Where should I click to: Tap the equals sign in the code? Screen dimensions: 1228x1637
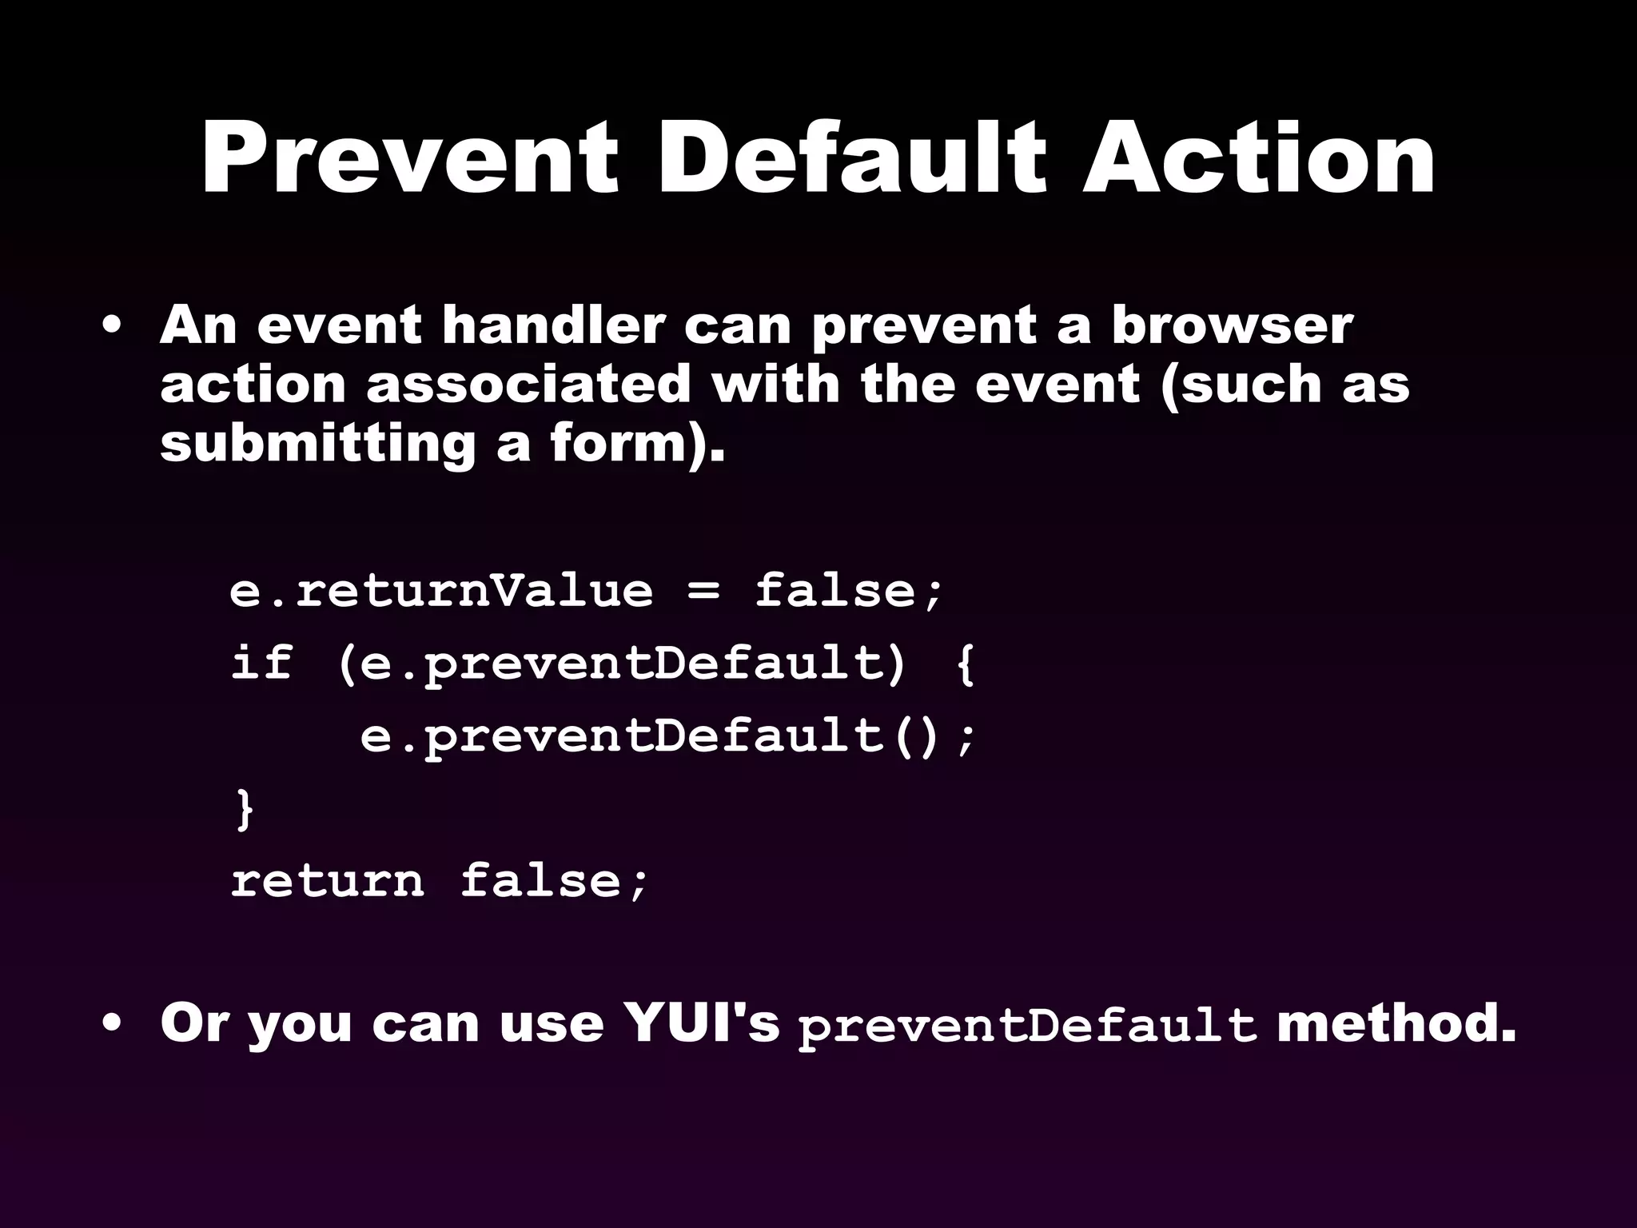tap(703, 592)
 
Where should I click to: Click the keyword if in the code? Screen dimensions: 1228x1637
tap(261, 663)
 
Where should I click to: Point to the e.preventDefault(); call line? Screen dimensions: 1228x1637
tap(667, 736)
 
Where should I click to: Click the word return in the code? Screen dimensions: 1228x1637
tap(328, 881)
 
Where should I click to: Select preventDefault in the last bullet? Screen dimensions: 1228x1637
tap(1027, 1026)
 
